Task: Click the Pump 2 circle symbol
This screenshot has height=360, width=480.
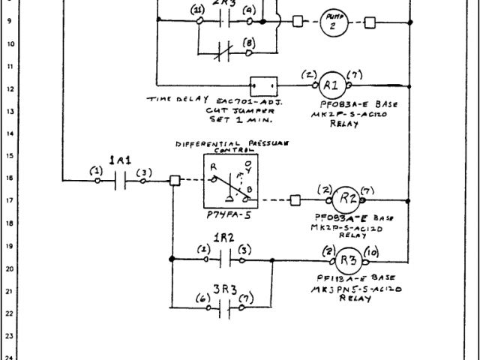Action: [332, 23]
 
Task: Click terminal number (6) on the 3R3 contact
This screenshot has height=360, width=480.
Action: [201, 298]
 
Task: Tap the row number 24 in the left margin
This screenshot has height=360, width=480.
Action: [7, 356]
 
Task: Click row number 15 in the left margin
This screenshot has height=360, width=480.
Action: [7, 156]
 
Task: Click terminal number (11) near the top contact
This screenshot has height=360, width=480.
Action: [198, 9]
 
